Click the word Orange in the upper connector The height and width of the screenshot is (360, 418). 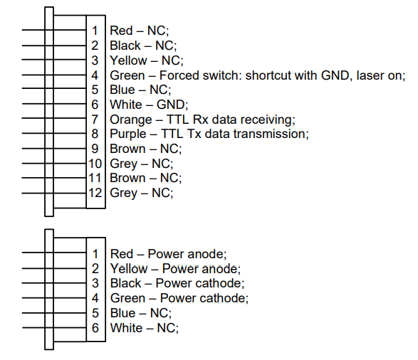coord(130,120)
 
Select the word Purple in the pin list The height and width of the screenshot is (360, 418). coord(128,134)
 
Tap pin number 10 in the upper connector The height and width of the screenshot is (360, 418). coord(95,164)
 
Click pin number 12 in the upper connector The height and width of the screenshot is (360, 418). coord(95,193)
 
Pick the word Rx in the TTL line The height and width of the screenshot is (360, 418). coord(200,120)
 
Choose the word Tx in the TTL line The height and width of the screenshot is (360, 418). coord(194,134)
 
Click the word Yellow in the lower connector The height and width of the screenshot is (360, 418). coord(129,269)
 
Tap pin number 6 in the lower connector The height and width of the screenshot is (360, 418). coord(95,328)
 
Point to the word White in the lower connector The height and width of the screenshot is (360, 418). coord(126,328)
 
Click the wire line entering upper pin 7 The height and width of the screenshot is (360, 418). coord(54,117)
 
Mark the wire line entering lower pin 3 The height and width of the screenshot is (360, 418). coord(54,282)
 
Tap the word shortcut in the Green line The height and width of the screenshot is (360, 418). coord(268,75)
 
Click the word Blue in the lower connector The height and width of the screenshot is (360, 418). coord(123,313)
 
